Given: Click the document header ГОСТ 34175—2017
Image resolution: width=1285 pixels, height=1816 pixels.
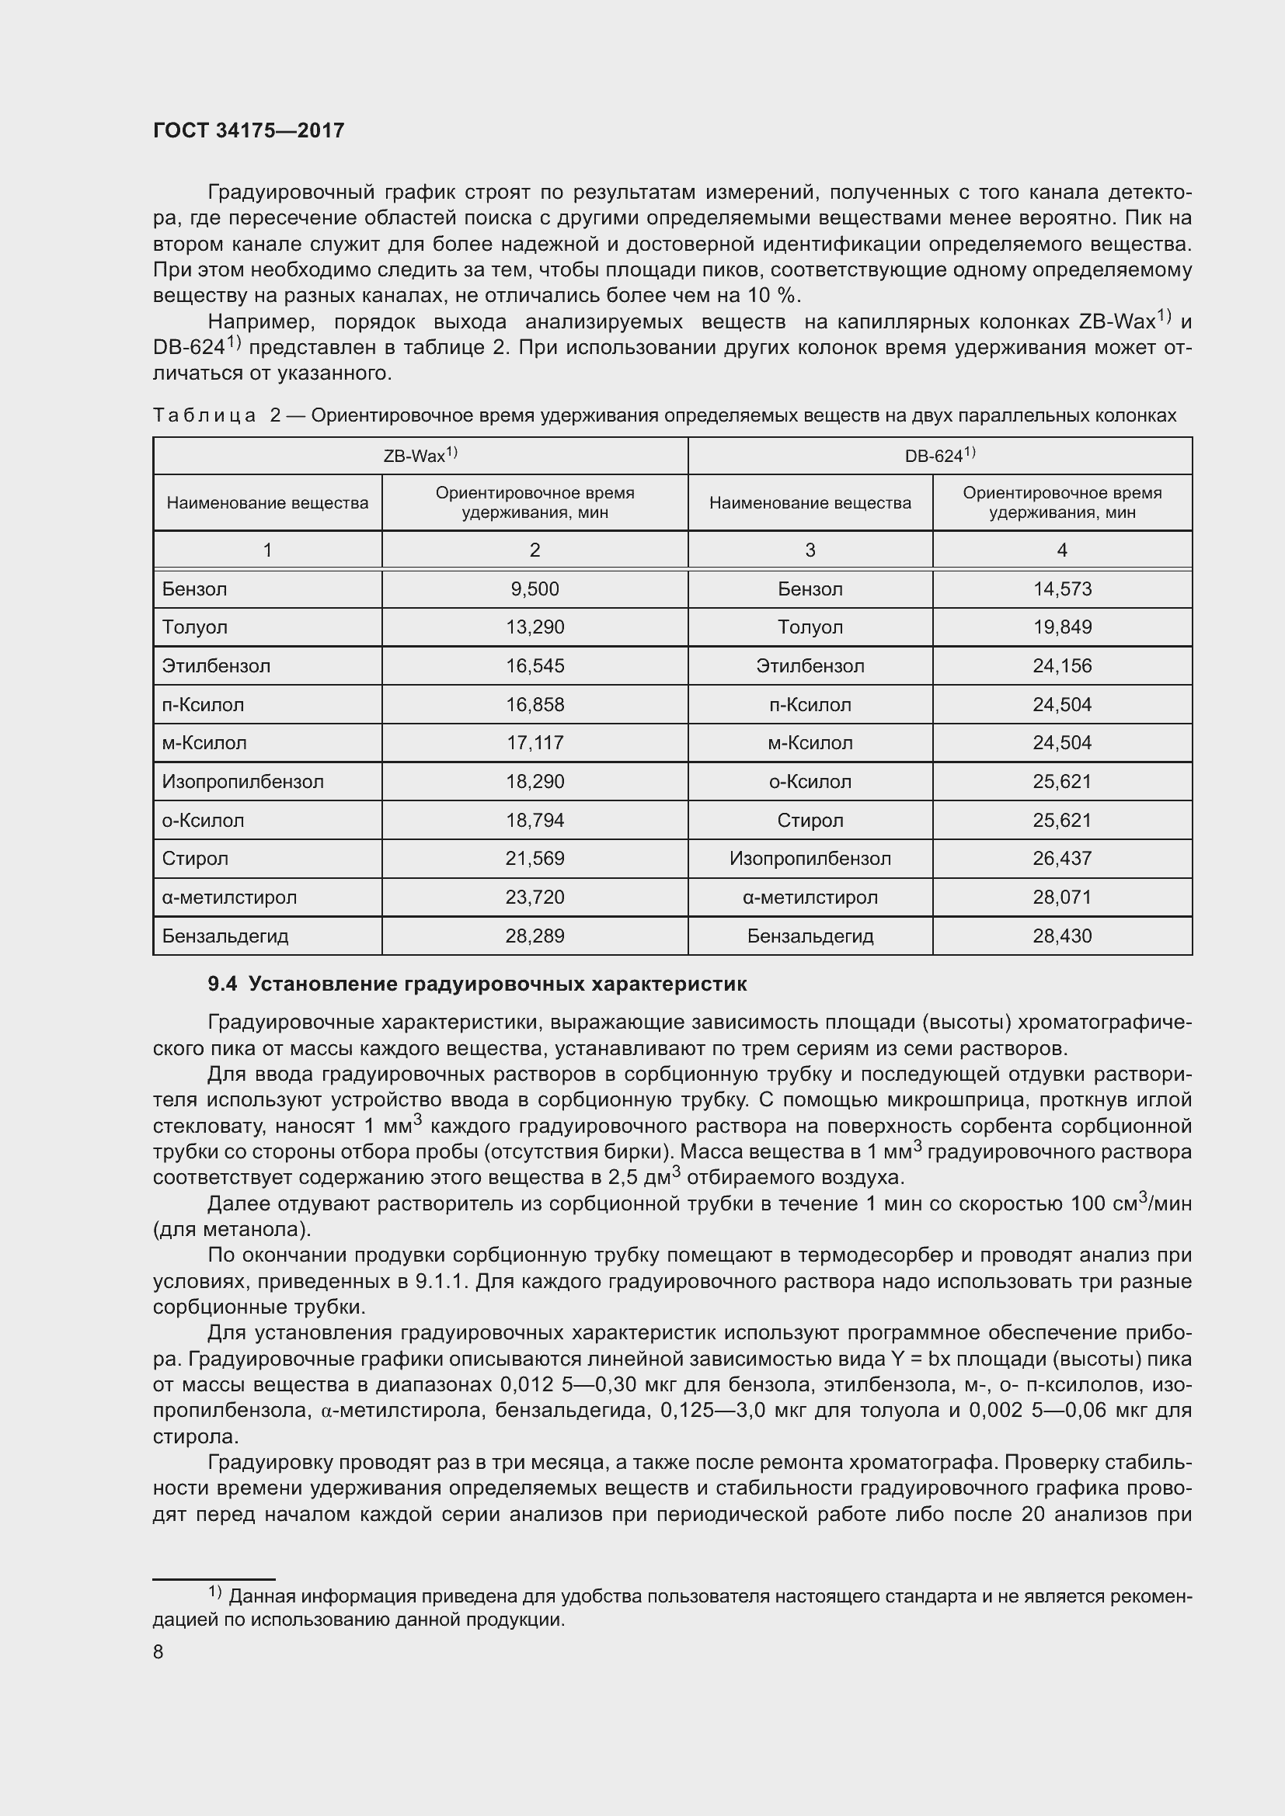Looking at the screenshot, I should (x=249, y=130).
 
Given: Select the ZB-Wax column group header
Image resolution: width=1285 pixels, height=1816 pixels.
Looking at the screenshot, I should (x=420, y=456).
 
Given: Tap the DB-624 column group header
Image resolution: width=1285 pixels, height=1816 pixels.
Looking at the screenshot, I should (x=939, y=456).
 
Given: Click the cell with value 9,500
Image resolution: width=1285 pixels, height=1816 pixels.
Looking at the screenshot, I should (x=535, y=589).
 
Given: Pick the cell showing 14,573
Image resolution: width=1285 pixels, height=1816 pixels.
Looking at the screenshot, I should (x=1062, y=589).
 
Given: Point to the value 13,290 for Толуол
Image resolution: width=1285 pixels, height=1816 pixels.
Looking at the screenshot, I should (x=535, y=627).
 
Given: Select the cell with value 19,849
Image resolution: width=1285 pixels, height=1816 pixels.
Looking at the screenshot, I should (x=1062, y=627).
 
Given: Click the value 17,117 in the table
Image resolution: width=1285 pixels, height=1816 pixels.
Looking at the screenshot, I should (x=535, y=743).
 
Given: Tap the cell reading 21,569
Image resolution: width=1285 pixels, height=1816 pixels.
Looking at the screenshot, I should (x=535, y=858).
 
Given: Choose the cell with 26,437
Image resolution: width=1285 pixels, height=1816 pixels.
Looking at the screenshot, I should (x=1062, y=858).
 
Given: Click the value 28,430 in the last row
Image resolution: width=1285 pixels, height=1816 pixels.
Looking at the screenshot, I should (x=1062, y=936).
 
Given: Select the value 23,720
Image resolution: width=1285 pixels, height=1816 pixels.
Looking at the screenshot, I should (x=535, y=897).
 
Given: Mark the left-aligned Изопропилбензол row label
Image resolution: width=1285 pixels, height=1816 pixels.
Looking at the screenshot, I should (x=243, y=782).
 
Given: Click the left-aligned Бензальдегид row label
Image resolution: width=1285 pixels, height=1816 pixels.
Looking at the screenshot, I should (x=225, y=936).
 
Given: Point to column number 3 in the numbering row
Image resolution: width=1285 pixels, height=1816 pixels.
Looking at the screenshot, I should (x=810, y=550).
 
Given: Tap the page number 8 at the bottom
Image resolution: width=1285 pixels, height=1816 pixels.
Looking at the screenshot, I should (x=158, y=1651).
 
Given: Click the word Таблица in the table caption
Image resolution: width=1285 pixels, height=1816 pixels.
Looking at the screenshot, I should (x=204, y=415).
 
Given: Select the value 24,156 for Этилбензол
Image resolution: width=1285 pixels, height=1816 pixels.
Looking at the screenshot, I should (x=1062, y=665).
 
